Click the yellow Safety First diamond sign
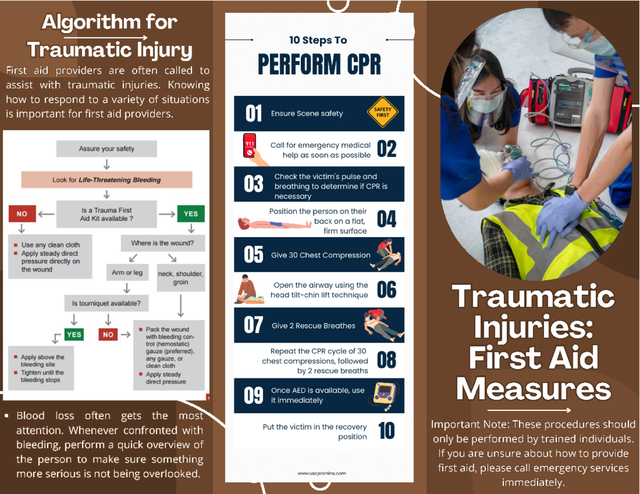382,112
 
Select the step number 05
253,255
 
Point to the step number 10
386,431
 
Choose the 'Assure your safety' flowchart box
107,149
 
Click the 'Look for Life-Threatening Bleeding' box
107,180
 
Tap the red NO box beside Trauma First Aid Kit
22,214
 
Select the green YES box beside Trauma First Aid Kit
190,214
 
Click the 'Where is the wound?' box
162,243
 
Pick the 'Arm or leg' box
127,272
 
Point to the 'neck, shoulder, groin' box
180,278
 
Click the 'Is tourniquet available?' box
107,303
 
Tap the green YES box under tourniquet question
74,334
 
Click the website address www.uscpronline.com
322,473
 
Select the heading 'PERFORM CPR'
319,65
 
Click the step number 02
386,149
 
